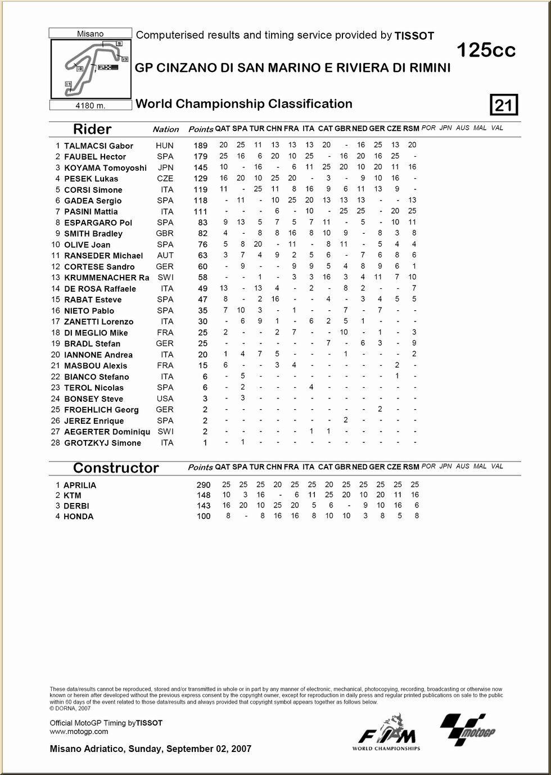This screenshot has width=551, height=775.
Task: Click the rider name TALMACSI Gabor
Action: pos(98,146)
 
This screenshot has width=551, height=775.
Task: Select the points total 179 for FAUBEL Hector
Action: pos(200,156)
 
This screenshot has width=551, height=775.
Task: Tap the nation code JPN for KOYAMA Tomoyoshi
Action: pos(165,167)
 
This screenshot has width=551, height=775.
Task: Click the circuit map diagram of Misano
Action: pos(91,69)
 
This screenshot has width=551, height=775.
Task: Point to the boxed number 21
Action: pos(504,105)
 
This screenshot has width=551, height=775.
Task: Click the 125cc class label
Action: pos(486,51)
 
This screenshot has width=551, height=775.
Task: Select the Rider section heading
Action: pos(92,129)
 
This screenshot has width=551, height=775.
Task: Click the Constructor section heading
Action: pos(116,468)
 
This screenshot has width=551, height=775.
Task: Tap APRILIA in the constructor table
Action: pos(80,485)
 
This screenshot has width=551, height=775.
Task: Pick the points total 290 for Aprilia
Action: pos(203,484)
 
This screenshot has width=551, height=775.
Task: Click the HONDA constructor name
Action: pos(79,516)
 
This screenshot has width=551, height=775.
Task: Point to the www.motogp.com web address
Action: pos(79,731)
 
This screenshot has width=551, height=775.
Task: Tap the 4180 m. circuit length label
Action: pos(91,105)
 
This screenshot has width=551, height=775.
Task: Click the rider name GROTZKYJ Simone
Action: pos(102,443)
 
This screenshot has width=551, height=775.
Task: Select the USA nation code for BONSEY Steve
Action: pos(165,398)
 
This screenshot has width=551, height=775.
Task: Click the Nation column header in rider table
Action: pos(166,129)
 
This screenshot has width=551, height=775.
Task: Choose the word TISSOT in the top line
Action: pos(414,36)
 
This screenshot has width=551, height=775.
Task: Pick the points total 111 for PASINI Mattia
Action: pos(200,211)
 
